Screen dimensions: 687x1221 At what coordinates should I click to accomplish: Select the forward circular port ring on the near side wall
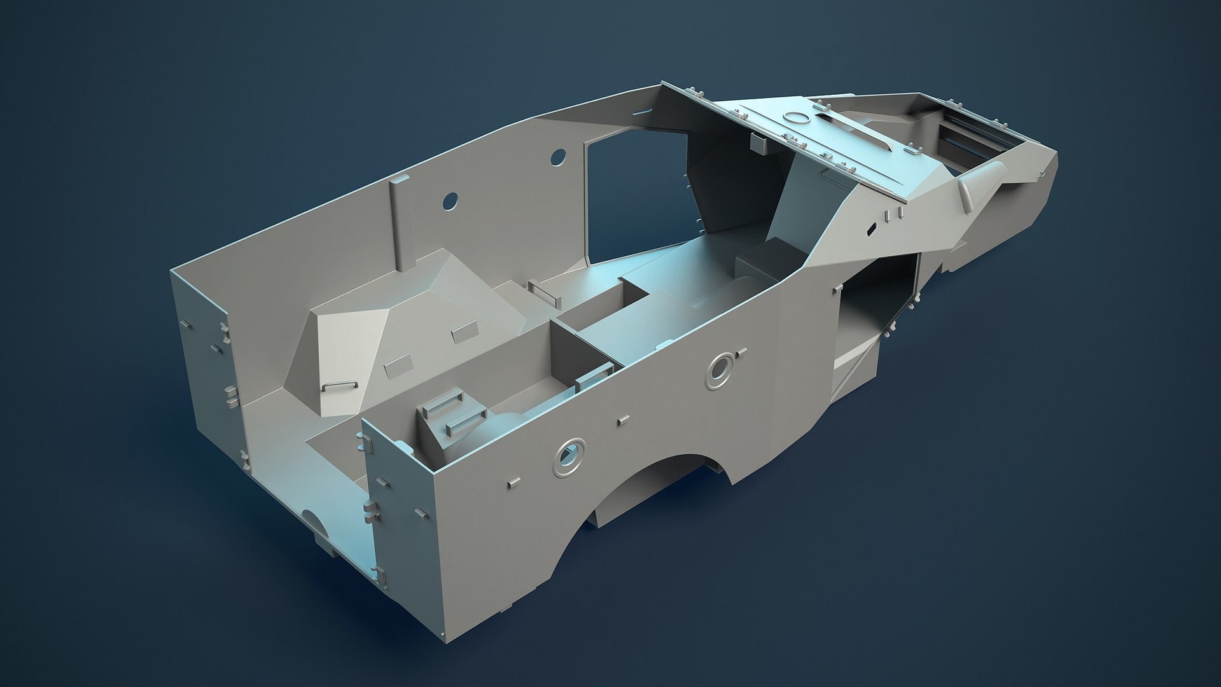point(720,369)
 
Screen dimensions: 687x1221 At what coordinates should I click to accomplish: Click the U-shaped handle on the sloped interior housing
point(338,385)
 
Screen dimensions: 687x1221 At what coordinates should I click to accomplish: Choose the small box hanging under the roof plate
point(760,144)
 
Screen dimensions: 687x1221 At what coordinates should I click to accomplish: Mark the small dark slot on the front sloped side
point(870,227)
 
